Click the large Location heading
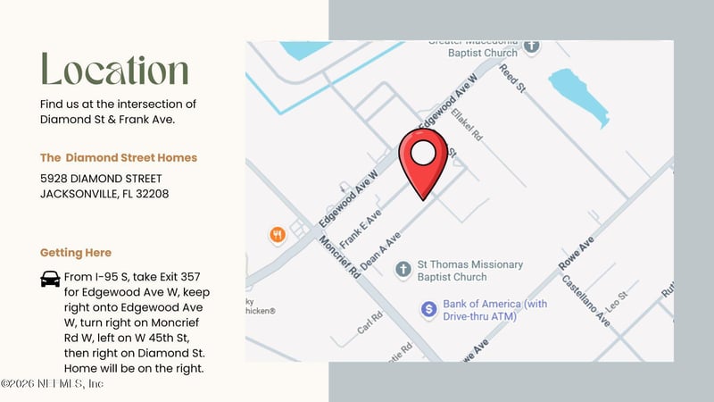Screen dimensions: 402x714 click(x=115, y=71)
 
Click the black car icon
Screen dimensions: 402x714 click(x=50, y=279)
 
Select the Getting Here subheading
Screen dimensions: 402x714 click(x=76, y=253)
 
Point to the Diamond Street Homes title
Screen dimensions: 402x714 click(x=119, y=157)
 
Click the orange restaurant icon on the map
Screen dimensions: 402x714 click(x=278, y=235)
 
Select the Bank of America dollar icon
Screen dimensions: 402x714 click(x=428, y=309)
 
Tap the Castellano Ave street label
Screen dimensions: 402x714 click(x=585, y=299)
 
